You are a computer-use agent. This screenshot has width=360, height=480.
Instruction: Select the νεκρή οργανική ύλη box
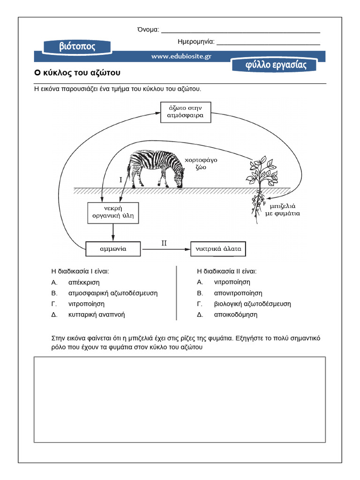pos(113,212)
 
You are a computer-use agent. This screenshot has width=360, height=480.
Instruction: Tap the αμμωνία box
pos(113,249)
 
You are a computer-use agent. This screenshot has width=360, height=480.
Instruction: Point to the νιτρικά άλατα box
pos(218,249)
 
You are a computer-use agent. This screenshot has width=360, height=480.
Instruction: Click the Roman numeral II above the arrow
pos(164,243)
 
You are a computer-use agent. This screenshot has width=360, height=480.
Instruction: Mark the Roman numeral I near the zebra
pos(120,180)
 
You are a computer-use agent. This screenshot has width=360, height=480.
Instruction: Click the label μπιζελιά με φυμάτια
pos(285,209)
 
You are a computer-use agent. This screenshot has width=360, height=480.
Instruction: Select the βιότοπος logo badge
pos(77,46)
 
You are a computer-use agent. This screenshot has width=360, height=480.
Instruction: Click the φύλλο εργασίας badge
pos(275,65)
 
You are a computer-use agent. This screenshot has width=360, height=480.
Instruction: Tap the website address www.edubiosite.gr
pos(181,56)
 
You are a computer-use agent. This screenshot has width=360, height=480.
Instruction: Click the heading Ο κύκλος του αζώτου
pos(78,73)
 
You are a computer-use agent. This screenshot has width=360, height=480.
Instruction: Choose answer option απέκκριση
pos(84,282)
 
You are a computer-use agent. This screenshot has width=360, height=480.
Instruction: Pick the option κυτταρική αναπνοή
pos(97,315)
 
